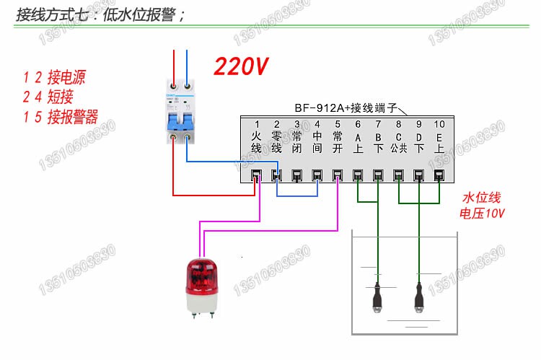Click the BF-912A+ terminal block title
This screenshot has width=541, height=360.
click(346, 107)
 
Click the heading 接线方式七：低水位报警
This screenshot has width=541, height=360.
click(101, 14)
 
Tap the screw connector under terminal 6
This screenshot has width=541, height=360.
click(358, 175)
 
